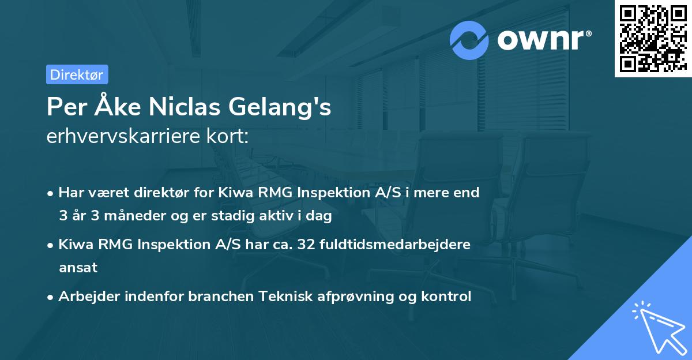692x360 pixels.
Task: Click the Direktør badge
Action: point(77,74)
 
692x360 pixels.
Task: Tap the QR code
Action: point(653,39)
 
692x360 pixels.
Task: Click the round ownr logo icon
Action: point(469,40)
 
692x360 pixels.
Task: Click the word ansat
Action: point(78,268)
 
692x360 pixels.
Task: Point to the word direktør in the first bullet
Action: point(145,193)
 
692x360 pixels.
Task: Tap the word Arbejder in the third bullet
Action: point(87,297)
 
